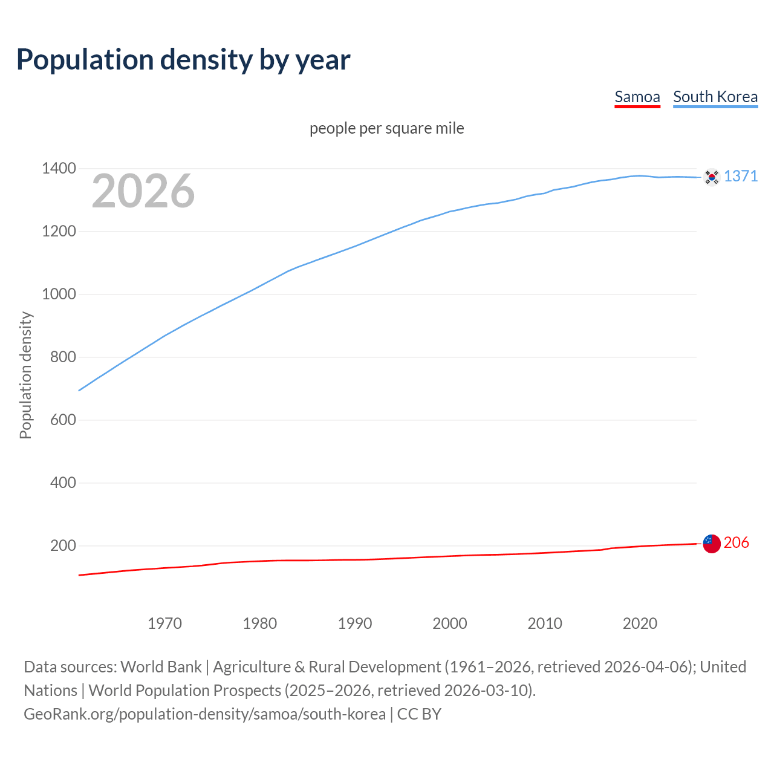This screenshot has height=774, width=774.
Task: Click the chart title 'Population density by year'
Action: (x=183, y=60)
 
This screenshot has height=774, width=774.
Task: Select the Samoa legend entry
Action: (x=637, y=97)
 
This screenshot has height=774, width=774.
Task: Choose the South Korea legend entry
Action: (x=715, y=97)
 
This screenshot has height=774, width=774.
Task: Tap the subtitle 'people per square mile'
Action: (x=386, y=129)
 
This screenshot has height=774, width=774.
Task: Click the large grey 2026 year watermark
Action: (x=143, y=191)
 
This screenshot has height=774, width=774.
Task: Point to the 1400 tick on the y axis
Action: (x=59, y=169)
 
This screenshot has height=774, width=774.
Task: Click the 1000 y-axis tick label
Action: (x=59, y=294)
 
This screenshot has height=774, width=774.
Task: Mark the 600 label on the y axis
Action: (x=63, y=420)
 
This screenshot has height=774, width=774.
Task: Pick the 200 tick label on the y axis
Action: (x=63, y=545)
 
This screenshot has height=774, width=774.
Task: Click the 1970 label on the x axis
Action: (x=164, y=623)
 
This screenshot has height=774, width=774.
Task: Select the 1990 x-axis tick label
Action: (x=355, y=623)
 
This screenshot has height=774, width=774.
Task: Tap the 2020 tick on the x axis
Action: (x=640, y=623)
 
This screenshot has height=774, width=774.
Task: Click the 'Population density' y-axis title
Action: (x=25, y=375)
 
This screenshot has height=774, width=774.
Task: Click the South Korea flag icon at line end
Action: (x=712, y=177)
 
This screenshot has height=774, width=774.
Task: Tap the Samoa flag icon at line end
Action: (x=712, y=544)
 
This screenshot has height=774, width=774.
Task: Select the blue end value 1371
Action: (x=741, y=176)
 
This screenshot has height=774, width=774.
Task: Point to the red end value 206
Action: (x=736, y=543)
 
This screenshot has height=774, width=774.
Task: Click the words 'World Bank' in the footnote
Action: (x=161, y=667)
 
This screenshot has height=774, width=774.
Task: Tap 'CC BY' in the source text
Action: (x=419, y=714)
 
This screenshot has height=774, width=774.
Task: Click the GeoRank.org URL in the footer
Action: (x=204, y=714)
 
